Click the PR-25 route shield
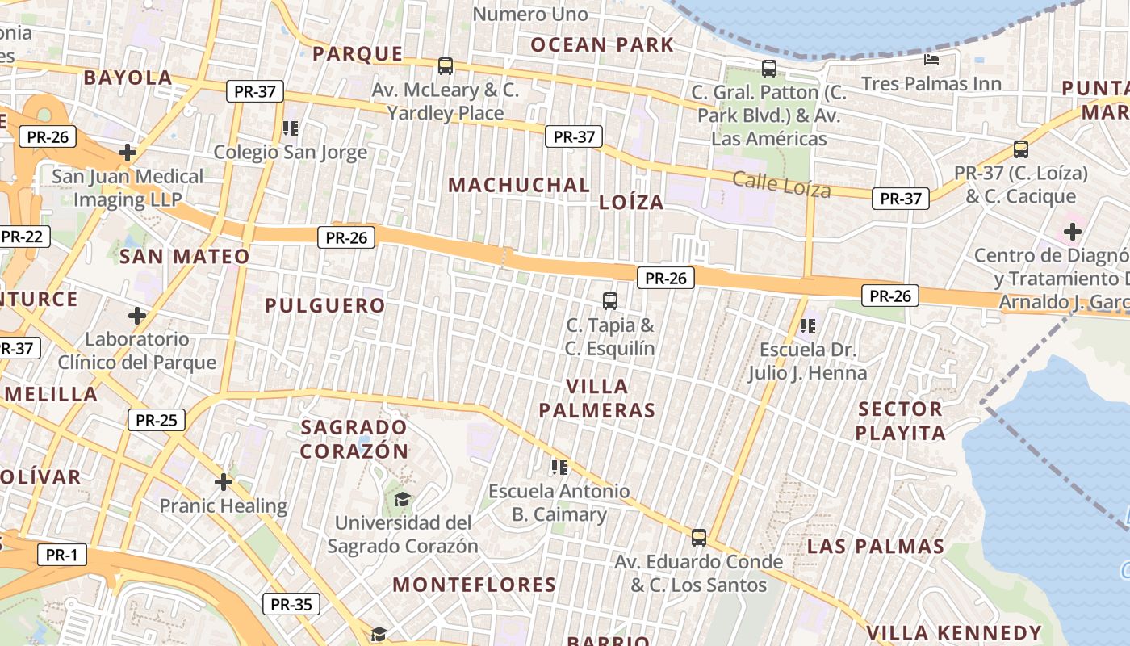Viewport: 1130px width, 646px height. [x=157, y=420]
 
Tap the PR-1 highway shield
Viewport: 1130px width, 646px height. [x=61, y=555]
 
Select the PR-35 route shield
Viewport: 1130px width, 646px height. [x=291, y=604]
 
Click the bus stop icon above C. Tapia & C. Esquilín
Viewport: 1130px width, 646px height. [x=610, y=301]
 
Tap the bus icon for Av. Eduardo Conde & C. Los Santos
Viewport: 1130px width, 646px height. [x=699, y=537]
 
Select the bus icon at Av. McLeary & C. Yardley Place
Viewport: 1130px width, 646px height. [x=446, y=66]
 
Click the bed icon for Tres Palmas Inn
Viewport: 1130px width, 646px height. [x=931, y=60]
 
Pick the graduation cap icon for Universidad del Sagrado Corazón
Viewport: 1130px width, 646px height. [x=402, y=500]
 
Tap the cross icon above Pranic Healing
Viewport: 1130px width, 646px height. [x=224, y=483]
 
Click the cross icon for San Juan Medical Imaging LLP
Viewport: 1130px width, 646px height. [x=128, y=152]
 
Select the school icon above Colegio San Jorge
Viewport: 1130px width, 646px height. [x=291, y=128]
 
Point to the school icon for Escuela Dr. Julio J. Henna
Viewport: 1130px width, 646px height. [x=807, y=326]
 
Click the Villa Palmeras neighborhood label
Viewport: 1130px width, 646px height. [x=597, y=398]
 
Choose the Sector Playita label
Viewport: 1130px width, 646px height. [x=900, y=421]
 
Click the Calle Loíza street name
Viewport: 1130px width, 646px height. [x=781, y=185]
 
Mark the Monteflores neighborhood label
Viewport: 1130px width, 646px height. [x=475, y=585]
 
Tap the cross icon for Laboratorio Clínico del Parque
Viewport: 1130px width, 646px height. [x=137, y=315]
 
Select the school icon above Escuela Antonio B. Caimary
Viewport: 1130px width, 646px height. [x=559, y=467]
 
